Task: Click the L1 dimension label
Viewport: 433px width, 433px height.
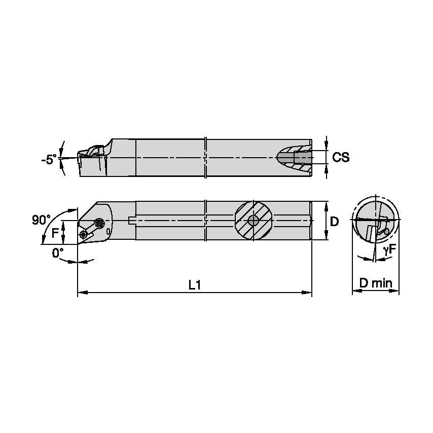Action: tap(195, 285)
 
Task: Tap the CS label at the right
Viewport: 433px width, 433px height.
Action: tap(341, 157)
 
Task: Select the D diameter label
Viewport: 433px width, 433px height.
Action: tap(335, 222)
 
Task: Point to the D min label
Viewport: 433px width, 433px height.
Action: tap(376, 283)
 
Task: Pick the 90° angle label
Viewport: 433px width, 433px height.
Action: tap(41, 220)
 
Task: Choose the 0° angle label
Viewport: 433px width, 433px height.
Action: tap(58, 252)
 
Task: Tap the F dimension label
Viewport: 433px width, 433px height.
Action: tap(55, 233)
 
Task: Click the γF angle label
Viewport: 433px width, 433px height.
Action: tap(389, 249)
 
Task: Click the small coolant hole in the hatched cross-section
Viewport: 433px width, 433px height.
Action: tap(253, 221)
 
